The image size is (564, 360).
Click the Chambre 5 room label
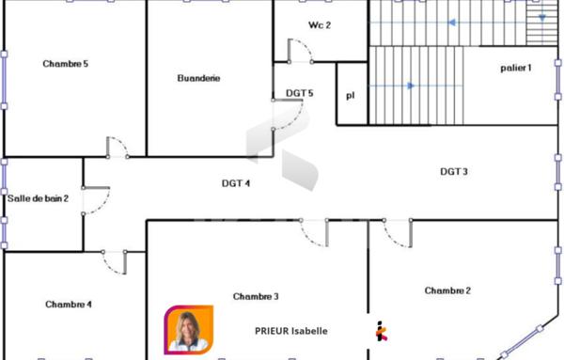(x=66, y=64)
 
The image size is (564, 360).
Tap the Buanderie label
(x=198, y=78)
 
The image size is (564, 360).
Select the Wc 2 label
(x=320, y=25)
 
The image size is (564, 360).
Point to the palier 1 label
(x=516, y=68)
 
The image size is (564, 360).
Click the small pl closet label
(x=351, y=95)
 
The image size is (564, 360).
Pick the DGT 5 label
(x=299, y=93)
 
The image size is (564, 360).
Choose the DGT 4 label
(x=235, y=183)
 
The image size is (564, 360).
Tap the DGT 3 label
(x=454, y=171)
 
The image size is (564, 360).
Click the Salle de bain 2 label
(x=39, y=198)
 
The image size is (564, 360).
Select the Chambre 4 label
(x=69, y=304)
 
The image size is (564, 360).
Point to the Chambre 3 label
(x=256, y=296)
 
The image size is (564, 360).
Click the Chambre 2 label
(x=447, y=290)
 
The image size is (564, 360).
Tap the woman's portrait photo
(x=188, y=331)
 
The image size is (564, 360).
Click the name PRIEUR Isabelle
(x=291, y=331)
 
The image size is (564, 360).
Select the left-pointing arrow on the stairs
(x=451, y=23)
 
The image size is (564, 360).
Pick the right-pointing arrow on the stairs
(x=409, y=86)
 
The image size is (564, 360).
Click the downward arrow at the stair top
(x=542, y=17)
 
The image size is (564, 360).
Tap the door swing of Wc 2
(x=301, y=51)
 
